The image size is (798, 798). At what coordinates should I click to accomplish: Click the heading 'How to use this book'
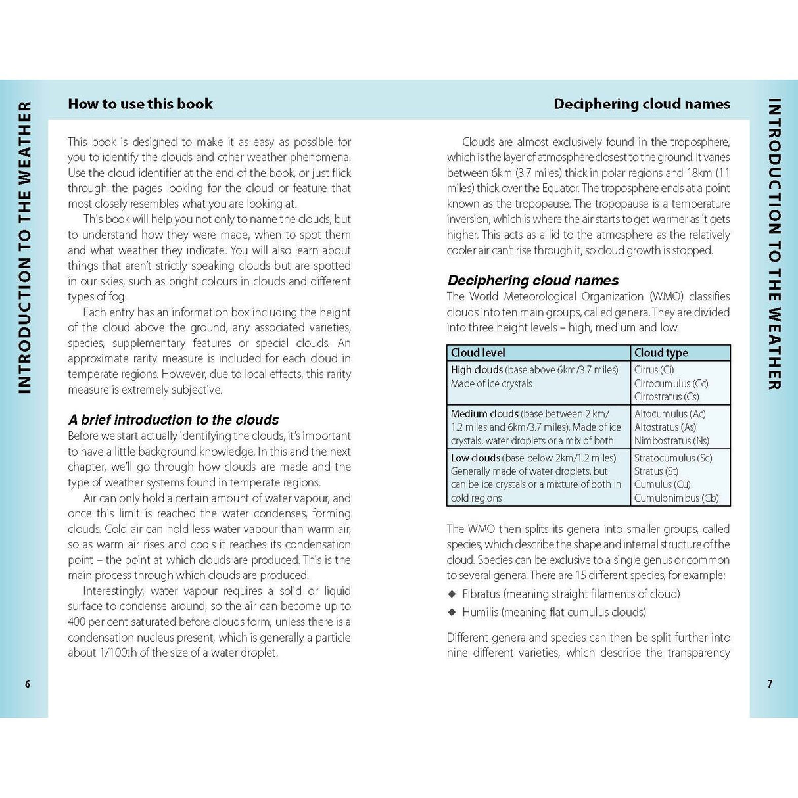[140, 104]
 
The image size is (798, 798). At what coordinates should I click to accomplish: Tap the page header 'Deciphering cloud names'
[642, 104]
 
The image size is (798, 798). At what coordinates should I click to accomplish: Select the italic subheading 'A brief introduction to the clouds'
[174, 420]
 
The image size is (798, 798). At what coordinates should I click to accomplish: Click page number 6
[28, 684]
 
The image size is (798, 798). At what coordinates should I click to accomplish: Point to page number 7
[770, 684]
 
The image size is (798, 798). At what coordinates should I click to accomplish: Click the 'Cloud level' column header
[478, 353]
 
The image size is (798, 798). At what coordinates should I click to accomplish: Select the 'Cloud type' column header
[661, 353]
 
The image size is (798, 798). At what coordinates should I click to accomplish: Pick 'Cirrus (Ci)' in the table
[654, 370]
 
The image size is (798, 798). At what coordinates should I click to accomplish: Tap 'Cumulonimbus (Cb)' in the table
[676, 498]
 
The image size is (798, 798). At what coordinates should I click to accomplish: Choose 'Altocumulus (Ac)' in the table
[670, 414]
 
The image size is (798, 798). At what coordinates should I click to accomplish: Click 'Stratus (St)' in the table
[656, 471]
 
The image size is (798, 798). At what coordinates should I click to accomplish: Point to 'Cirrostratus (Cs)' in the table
[667, 397]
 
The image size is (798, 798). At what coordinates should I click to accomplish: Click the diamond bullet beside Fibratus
[452, 594]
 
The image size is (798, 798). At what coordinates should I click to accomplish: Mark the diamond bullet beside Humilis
[452, 613]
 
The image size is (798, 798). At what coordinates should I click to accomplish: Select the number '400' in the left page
[77, 622]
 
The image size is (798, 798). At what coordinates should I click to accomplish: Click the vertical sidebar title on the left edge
[24, 248]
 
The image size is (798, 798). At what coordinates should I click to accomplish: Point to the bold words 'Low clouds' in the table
[475, 458]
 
